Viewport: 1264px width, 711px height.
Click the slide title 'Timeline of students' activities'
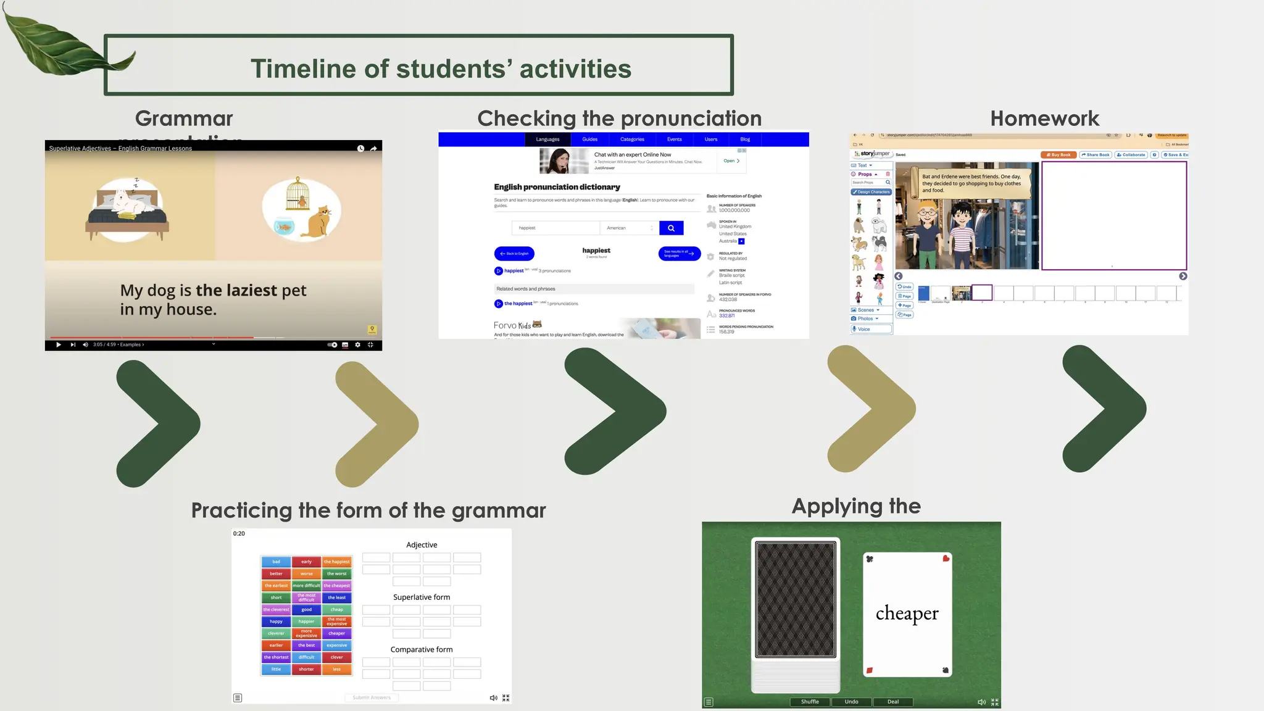coord(441,69)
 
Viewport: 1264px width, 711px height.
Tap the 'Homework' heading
coord(1044,118)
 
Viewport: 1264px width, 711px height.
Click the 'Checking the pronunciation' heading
coord(619,118)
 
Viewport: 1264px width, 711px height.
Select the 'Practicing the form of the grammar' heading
coord(368,510)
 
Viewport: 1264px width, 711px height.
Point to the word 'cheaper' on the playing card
coord(907,613)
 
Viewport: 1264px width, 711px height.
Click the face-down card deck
coord(796,599)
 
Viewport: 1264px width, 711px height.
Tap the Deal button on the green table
coord(892,702)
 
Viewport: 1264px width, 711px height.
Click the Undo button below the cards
coord(851,702)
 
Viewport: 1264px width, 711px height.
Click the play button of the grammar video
coord(59,345)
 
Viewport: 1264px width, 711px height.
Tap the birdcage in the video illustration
coord(297,193)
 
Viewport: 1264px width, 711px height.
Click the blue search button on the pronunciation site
coord(671,228)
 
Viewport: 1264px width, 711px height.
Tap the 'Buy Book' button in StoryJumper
coord(1058,155)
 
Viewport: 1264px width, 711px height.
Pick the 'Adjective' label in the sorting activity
coord(422,545)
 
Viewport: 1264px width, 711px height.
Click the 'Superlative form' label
coord(422,597)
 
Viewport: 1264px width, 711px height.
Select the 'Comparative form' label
coord(422,650)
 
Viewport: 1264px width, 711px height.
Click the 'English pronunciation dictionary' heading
coord(557,187)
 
